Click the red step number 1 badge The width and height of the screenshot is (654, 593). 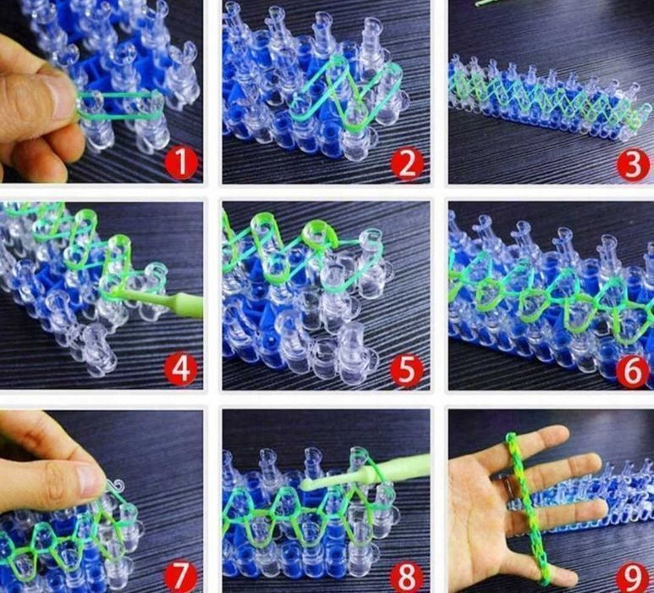click(x=181, y=163)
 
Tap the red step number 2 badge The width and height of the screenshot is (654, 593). click(x=407, y=164)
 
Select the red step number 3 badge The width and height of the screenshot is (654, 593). click(x=633, y=164)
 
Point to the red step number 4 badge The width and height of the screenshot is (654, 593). click(x=180, y=370)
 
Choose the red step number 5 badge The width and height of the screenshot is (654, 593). click(x=407, y=370)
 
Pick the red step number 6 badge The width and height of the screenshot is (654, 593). click(x=633, y=370)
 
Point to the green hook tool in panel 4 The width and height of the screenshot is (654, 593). click(x=162, y=302)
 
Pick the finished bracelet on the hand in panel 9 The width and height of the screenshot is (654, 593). click(x=526, y=507)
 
